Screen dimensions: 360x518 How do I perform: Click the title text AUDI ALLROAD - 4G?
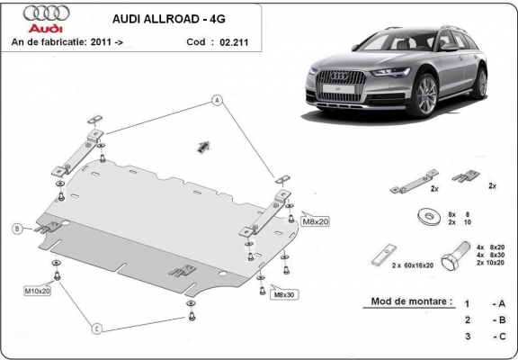pyautogui.click(x=168, y=17)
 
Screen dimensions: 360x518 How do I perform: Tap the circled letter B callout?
pyautogui.click(x=16, y=229)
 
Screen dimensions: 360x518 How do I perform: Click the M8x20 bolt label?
pyautogui.click(x=315, y=221)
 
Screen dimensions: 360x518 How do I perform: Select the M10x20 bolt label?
pyautogui.click(x=37, y=291)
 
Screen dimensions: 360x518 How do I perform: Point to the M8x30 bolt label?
pyautogui.click(x=285, y=294)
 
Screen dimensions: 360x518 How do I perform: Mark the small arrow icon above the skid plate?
pyautogui.click(x=203, y=145)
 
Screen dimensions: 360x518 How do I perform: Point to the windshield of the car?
pyautogui.click(x=385, y=50)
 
